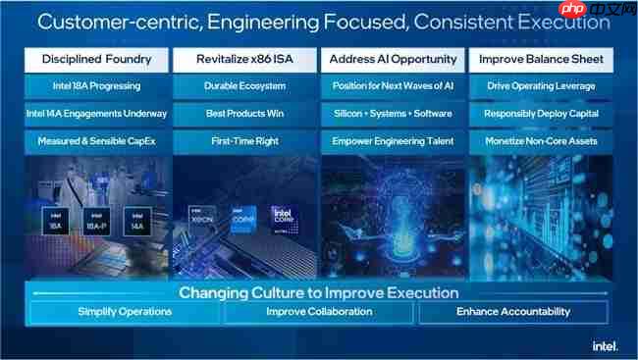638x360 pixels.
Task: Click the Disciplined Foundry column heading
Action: pos(97,60)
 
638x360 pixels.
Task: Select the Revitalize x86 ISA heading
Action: pos(245,60)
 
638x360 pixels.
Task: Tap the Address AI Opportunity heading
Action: pos(392,60)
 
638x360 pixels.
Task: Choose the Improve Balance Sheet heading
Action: pos(540,60)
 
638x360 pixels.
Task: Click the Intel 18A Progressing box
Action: pos(97,86)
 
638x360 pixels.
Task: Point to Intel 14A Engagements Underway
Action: pos(97,114)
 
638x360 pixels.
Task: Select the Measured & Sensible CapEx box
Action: pos(97,141)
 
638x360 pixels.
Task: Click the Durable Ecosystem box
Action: pos(245,86)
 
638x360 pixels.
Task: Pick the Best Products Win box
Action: pos(245,114)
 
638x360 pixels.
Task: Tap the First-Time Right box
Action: pos(245,141)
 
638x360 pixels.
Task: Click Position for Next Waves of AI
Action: pos(392,86)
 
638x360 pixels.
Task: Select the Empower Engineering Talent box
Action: pos(392,141)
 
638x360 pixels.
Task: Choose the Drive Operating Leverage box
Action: pos(540,86)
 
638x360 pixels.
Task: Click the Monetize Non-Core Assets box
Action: pos(540,141)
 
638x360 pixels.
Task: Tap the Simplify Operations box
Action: pos(125,312)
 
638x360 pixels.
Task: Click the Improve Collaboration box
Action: pos(319,312)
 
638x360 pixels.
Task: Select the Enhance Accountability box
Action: pos(513,312)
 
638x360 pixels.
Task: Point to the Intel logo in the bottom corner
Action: pos(604,345)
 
